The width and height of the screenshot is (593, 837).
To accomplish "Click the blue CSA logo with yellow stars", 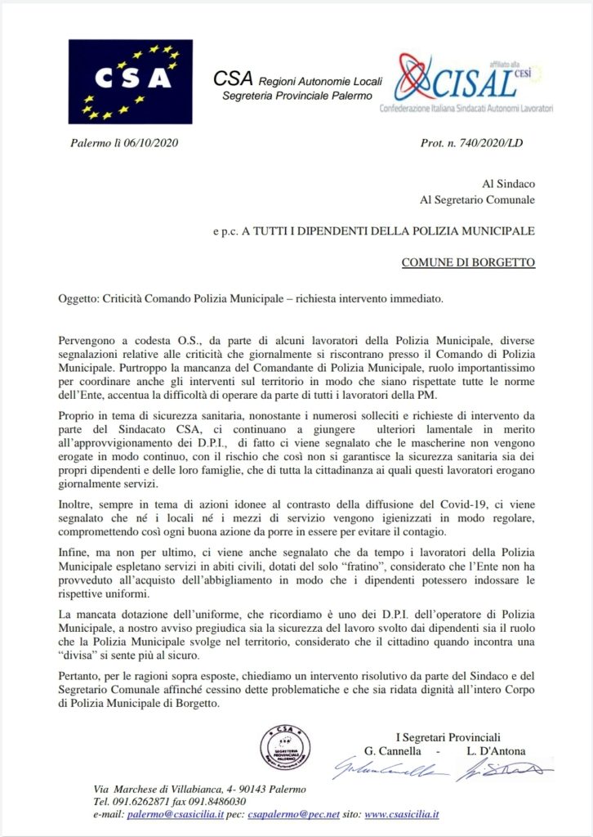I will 130,81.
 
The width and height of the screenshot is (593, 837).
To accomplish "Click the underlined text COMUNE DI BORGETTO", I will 468,263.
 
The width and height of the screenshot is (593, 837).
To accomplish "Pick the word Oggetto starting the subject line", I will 78,299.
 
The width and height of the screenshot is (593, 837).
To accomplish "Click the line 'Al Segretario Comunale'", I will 477,199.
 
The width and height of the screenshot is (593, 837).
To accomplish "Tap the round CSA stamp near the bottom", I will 285,747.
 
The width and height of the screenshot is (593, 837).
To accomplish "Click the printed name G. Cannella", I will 396,751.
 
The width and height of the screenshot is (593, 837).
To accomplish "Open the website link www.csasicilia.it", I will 402,815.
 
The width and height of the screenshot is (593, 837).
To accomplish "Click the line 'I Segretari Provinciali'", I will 448,737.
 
